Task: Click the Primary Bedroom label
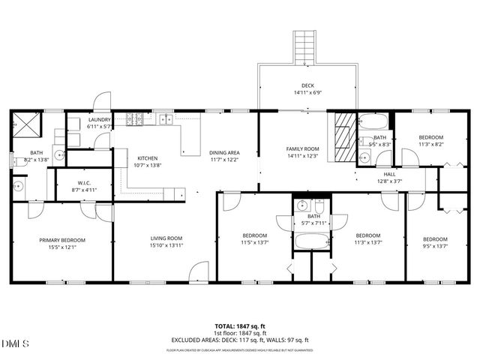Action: [62, 240]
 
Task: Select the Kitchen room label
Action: [147, 158]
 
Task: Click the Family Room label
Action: [303, 148]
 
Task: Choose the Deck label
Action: [307, 86]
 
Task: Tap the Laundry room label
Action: [99, 119]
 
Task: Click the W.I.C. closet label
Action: [84, 182]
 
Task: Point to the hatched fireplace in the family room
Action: [343, 132]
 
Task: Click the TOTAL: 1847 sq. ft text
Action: [239, 326]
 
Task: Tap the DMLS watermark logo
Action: [16, 343]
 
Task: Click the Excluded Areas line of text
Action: [239, 340]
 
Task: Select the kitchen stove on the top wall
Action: [135, 118]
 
